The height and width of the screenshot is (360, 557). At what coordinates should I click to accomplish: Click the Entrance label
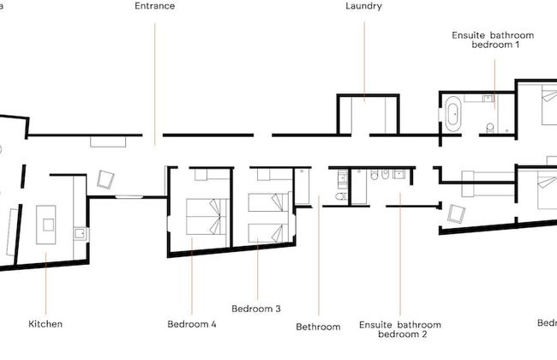pos(155,6)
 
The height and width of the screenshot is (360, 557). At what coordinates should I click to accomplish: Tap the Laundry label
pos(363,6)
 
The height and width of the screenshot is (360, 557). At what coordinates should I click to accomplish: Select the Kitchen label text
pos(45,324)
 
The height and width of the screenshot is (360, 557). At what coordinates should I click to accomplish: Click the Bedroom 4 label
pos(192,324)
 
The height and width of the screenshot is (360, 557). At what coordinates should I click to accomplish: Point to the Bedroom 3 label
pos(256,308)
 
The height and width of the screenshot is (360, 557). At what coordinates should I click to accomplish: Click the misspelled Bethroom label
pos(318,327)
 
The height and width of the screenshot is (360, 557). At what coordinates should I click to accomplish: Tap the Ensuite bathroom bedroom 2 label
pos(400,330)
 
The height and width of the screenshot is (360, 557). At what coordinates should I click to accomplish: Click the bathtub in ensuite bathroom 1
pos(452,114)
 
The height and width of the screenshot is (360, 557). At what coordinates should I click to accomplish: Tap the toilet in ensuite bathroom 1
pos(489,129)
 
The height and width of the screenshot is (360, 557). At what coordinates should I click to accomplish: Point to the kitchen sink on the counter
pos(78,232)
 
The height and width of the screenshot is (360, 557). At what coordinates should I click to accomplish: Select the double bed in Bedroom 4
pos(208,216)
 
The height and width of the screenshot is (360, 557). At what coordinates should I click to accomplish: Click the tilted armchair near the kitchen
pos(106,179)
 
